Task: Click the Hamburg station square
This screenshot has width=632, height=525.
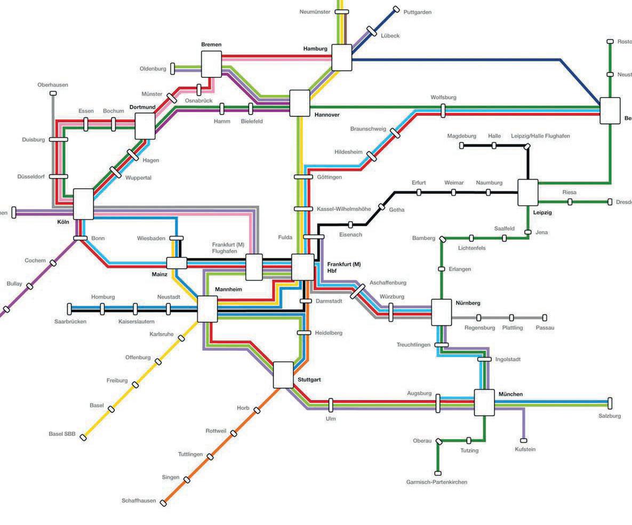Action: coord(342,58)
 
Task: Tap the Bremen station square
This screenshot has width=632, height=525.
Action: coord(211,64)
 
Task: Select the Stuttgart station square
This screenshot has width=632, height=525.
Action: coord(283,375)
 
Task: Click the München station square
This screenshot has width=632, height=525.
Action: coord(484,402)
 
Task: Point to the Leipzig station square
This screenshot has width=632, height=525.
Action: coord(528,192)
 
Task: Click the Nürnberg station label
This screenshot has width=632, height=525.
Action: coord(468,303)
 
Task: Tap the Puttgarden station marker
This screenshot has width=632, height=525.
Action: coord(396,9)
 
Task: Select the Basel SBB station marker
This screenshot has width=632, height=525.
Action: coord(83,438)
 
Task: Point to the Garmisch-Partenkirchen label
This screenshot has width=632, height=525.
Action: coord(437,482)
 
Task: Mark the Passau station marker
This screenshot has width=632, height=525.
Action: coord(545,318)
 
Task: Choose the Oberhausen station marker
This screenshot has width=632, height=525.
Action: coord(53,93)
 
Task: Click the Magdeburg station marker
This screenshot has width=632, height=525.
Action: coord(461,145)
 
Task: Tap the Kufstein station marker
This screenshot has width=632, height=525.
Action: coord(524,440)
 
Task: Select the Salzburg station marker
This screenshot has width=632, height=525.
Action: coord(610,403)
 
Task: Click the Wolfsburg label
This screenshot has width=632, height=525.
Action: coord(443,98)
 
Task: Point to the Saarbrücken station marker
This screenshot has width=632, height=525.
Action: coord(69,309)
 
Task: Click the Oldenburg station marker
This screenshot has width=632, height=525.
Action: coord(172,68)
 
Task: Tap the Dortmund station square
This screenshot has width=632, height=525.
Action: coord(145,126)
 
